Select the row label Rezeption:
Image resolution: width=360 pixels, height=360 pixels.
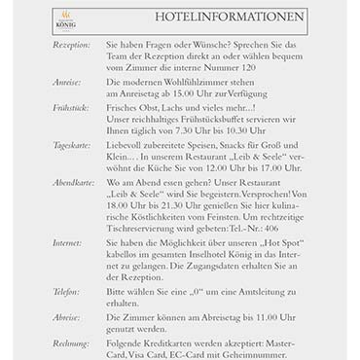[x=71, y=45]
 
